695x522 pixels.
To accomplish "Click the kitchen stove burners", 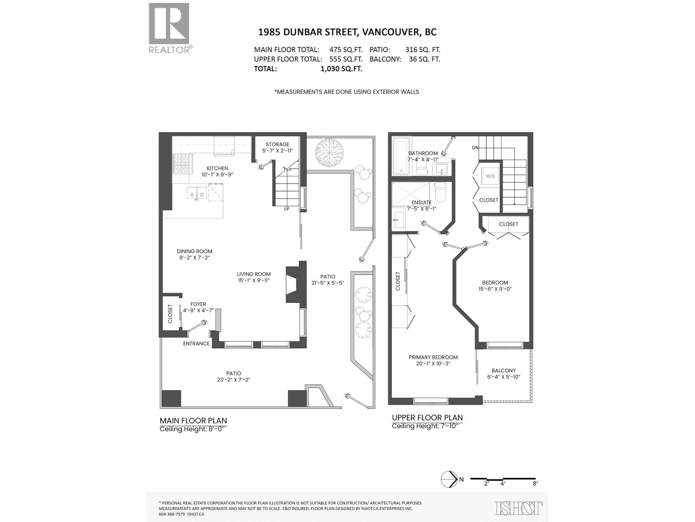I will click(181, 165).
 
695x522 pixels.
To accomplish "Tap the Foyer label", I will click(198, 304).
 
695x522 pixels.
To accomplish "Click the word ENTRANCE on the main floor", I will click(196, 344).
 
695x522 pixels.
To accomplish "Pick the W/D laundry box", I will click(490, 176).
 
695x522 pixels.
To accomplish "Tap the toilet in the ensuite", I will click(440, 193).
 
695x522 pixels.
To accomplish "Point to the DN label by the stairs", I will click(475, 148).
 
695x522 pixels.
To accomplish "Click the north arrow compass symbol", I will click(448, 479).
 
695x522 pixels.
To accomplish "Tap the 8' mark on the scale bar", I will click(535, 483).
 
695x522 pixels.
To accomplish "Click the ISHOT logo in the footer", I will click(519, 508).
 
